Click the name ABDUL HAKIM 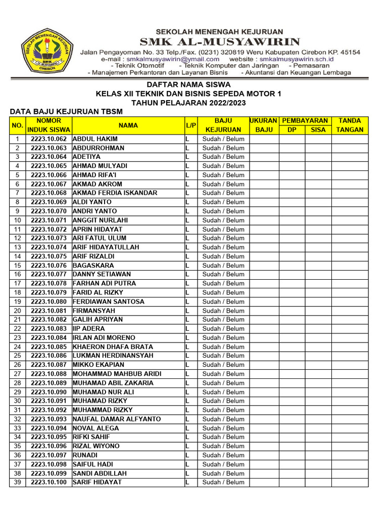click(95, 139)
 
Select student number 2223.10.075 click(48, 256)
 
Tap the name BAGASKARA click(93, 266)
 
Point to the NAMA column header click(128, 125)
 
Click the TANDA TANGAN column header click(350, 125)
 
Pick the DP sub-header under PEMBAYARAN click(292, 130)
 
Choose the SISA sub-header click(318, 130)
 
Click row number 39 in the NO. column click(17, 483)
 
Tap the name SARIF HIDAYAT click(97, 483)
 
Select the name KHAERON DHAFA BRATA click(106, 347)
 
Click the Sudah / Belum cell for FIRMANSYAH click(223, 311)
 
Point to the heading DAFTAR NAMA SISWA click(188, 84)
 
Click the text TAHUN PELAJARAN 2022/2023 click(188, 103)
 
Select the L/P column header click(190, 125)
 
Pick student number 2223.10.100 click(48, 483)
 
